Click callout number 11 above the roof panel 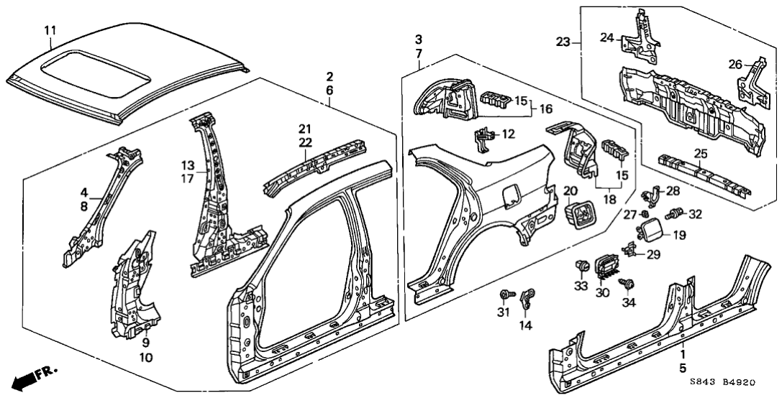point(50,30)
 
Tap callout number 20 point(570,191)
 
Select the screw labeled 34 point(626,285)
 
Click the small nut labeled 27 point(646,213)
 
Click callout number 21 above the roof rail point(305,129)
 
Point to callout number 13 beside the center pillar point(186,165)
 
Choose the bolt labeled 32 point(675,213)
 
